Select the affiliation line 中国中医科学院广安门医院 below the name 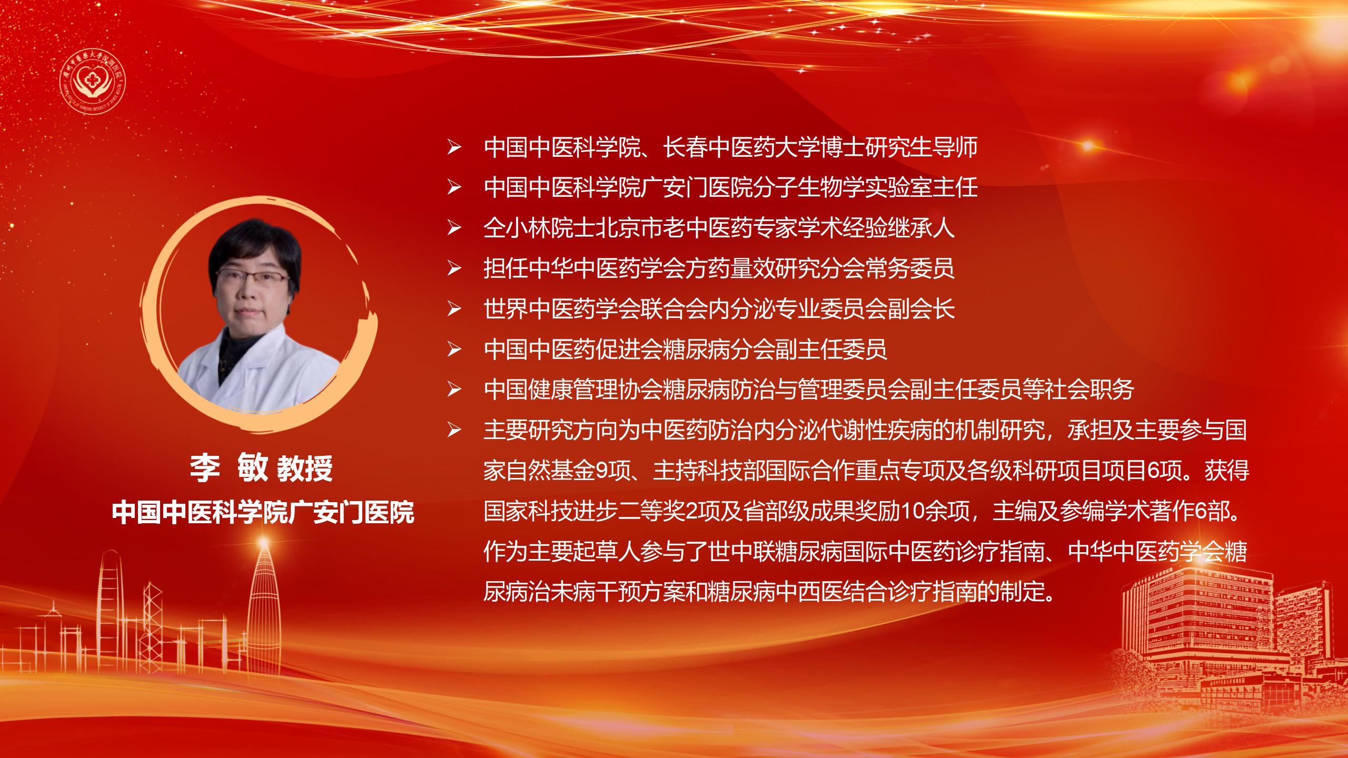point(263,512)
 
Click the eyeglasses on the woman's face point(253,277)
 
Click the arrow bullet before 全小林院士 point(454,228)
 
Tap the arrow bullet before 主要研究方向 point(454,431)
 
